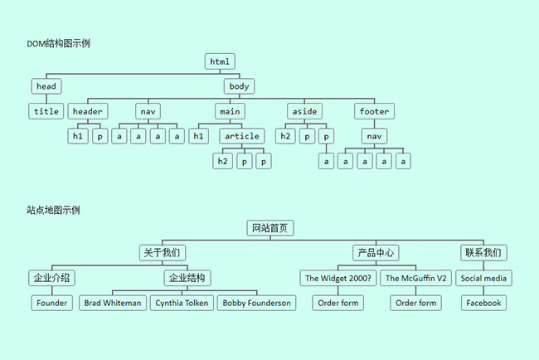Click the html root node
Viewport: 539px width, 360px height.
(x=220, y=61)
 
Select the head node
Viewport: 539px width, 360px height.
(x=46, y=86)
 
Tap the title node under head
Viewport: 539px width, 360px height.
(x=46, y=111)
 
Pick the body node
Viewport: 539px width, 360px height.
(x=239, y=86)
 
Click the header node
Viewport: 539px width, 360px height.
(x=88, y=111)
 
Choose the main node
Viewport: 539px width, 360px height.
(x=229, y=111)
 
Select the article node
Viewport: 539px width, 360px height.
(x=242, y=136)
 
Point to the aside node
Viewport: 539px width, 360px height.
(x=303, y=111)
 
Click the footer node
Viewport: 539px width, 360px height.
(x=374, y=111)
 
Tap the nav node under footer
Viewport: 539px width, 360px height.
(x=374, y=136)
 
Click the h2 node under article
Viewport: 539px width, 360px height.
(x=222, y=161)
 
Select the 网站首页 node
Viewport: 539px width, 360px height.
(x=270, y=228)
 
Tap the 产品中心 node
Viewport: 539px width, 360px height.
(x=376, y=253)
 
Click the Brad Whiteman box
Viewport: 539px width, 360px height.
(x=114, y=303)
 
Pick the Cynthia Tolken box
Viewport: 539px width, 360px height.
(x=182, y=303)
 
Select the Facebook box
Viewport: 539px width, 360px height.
(x=483, y=303)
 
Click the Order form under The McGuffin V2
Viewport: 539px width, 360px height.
(x=416, y=303)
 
